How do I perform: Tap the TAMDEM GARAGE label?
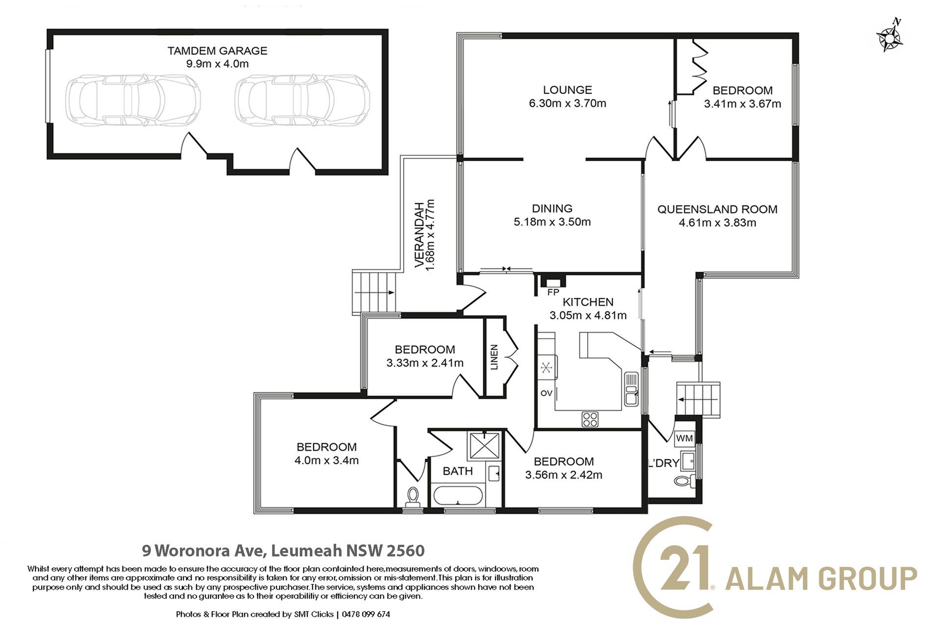(x=217, y=50)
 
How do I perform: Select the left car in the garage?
(x=133, y=99)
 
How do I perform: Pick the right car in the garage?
(x=302, y=99)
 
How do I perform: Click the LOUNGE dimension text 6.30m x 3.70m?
(x=567, y=103)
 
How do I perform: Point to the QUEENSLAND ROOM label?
(x=717, y=209)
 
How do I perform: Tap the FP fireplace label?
(x=553, y=292)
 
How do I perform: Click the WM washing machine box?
(x=685, y=437)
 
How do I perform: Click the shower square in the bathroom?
(x=484, y=446)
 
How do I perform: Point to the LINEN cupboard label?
(x=494, y=357)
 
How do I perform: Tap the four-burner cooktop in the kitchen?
(x=590, y=419)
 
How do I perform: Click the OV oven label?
(x=546, y=393)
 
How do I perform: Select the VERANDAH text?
(x=419, y=235)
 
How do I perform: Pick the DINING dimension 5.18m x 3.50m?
(x=552, y=222)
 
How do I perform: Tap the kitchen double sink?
(x=631, y=389)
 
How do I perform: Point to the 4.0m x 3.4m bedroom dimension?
(x=326, y=460)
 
